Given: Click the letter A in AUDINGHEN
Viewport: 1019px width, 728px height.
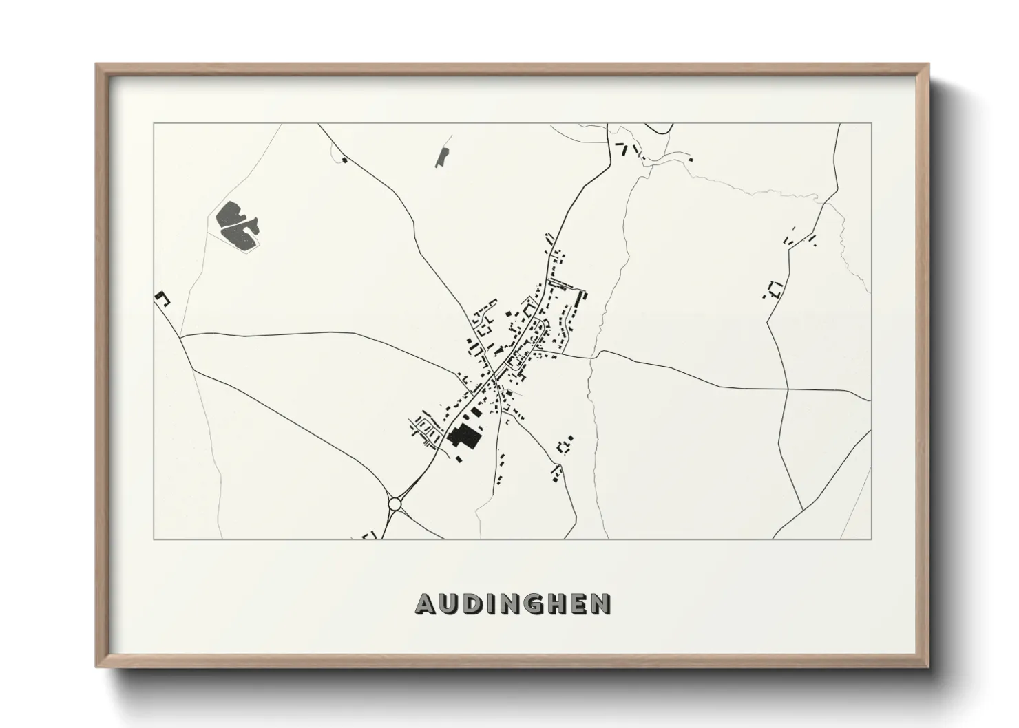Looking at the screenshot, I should pos(425,604).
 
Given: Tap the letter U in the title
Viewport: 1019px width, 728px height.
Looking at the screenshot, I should pos(448,604).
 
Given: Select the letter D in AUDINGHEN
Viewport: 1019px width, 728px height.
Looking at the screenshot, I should pos(472,604).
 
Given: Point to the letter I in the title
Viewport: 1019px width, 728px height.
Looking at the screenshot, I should pos(490,604).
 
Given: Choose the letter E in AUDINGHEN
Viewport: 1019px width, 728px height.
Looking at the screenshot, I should pos(578,604).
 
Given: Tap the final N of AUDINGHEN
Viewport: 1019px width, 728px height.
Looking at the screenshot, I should pos(600,604).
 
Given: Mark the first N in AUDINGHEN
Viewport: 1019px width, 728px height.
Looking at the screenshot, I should pos(509,604).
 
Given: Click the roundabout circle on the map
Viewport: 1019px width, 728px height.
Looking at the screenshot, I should pos(395,504).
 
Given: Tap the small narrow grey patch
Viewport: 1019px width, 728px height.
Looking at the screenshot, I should pos(441,157).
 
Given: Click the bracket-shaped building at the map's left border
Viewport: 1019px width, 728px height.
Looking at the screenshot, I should pos(162,297).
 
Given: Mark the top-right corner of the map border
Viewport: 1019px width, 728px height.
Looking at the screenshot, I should pos(871,124).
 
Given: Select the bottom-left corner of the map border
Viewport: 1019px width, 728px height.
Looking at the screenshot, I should pos(154,539).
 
